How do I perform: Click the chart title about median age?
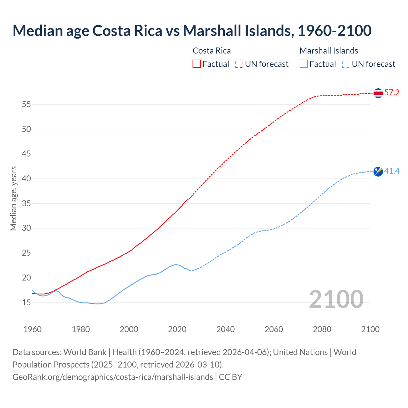[192, 31]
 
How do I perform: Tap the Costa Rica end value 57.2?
[392, 93]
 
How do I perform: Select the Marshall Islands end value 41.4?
[392, 171]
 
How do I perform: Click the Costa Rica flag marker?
[378, 93]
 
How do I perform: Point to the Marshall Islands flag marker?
[378, 171]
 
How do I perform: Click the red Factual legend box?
[197, 64]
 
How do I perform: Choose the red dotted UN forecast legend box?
[239, 64]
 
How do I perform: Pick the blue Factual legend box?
[304, 64]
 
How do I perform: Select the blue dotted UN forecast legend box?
[346, 64]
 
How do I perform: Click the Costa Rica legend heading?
[212, 51]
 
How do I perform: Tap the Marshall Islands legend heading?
[329, 51]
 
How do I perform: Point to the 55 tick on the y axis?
[26, 105]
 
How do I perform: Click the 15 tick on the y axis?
[26, 302]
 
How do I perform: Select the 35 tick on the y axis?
[26, 203]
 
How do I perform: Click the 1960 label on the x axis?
[33, 329]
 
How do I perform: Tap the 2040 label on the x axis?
[225, 329]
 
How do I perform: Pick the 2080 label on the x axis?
[322, 329]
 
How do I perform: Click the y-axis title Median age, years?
[13, 198]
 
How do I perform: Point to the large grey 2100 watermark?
[336, 299]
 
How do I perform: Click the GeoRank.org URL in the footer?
[113, 377]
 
